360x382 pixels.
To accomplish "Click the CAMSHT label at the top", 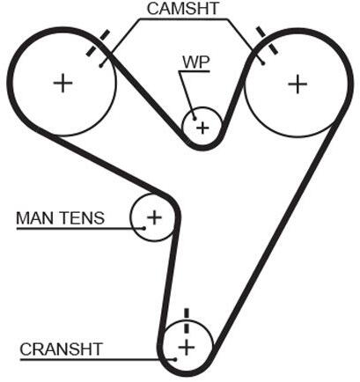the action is click(x=183, y=9).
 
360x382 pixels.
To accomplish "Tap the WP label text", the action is click(x=196, y=62).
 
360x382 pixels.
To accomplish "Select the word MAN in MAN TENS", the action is click(x=33, y=218).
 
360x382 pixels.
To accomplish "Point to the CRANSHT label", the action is click(x=61, y=349).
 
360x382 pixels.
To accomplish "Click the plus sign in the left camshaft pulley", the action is click(x=62, y=83).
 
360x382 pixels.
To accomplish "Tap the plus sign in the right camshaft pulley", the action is click(x=298, y=84).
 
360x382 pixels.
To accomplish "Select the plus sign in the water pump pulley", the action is click(x=202, y=128).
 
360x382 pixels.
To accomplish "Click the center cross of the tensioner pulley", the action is click(x=154, y=217).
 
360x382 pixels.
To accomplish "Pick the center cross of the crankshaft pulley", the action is click(x=187, y=348).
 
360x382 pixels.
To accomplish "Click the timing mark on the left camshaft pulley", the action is click(x=98, y=43).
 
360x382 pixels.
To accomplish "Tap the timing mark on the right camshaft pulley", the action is click(x=267, y=40).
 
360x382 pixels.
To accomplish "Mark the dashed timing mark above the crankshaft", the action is click(x=187, y=320).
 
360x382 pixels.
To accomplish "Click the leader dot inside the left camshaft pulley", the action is click(x=100, y=66).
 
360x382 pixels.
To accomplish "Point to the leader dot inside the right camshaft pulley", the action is click(x=263, y=63).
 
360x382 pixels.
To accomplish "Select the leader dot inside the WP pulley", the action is click(x=195, y=118).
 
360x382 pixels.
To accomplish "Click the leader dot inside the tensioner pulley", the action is click(x=143, y=228).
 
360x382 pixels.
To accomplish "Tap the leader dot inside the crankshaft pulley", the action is click(x=175, y=359).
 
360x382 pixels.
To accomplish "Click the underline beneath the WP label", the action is click(x=194, y=71).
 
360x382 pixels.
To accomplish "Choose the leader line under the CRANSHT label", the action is click(x=97, y=359).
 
